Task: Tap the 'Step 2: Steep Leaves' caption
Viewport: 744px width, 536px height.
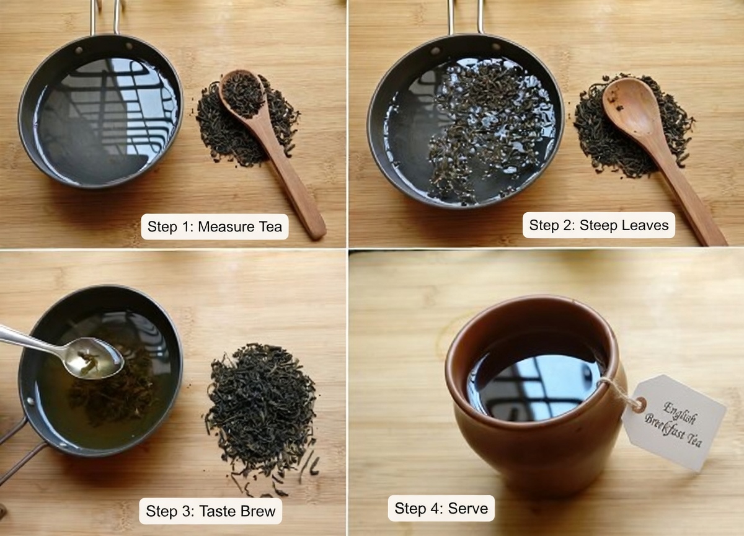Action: pyautogui.click(x=599, y=225)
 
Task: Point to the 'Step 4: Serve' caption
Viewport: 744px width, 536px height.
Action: pyautogui.click(x=441, y=509)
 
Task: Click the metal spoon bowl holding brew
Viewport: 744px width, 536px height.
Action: pyautogui.click(x=93, y=358)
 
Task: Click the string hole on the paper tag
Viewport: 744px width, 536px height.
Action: pyautogui.click(x=639, y=404)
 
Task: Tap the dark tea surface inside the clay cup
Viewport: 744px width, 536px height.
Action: pyautogui.click(x=533, y=378)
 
